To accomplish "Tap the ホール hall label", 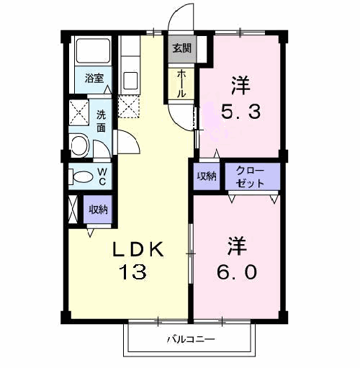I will pyautogui.click(x=181, y=83).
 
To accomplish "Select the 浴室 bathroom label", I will pyautogui.click(x=94, y=78).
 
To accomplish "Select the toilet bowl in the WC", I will pyautogui.click(x=81, y=176).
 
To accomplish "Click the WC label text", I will pyautogui.click(x=102, y=176).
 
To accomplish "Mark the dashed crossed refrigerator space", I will pyautogui.click(x=130, y=107).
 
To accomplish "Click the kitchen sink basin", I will pyautogui.click(x=132, y=78).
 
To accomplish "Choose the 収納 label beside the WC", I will pyautogui.click(x=99, y=210).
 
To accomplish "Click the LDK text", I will pyautogui.click(x=142, y=249).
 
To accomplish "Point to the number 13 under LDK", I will pyautogui.click(x=135, y=272).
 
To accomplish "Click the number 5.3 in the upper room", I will pyautogui.click(x=239, y=112).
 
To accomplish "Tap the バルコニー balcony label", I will pyautogui.click(x=191, y=338).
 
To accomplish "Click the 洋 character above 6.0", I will pyautogui.click(x=239, y=245).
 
